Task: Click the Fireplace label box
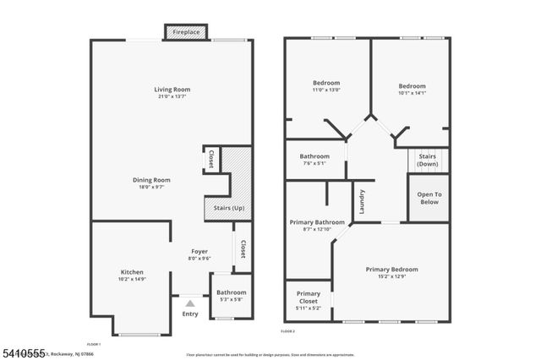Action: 186,33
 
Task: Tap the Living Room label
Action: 172,90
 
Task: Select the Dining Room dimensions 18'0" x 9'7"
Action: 151,188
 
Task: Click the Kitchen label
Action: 131,272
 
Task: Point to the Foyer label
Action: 199,251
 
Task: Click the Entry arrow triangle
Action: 190,302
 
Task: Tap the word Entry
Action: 190,314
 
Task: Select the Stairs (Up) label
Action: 227,207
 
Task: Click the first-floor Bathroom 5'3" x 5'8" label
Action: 231,293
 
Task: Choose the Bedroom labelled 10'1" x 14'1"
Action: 412,86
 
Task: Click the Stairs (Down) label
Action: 428,160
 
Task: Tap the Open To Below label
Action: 429,199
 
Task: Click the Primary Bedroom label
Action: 391,270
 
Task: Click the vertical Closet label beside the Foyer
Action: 243,249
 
